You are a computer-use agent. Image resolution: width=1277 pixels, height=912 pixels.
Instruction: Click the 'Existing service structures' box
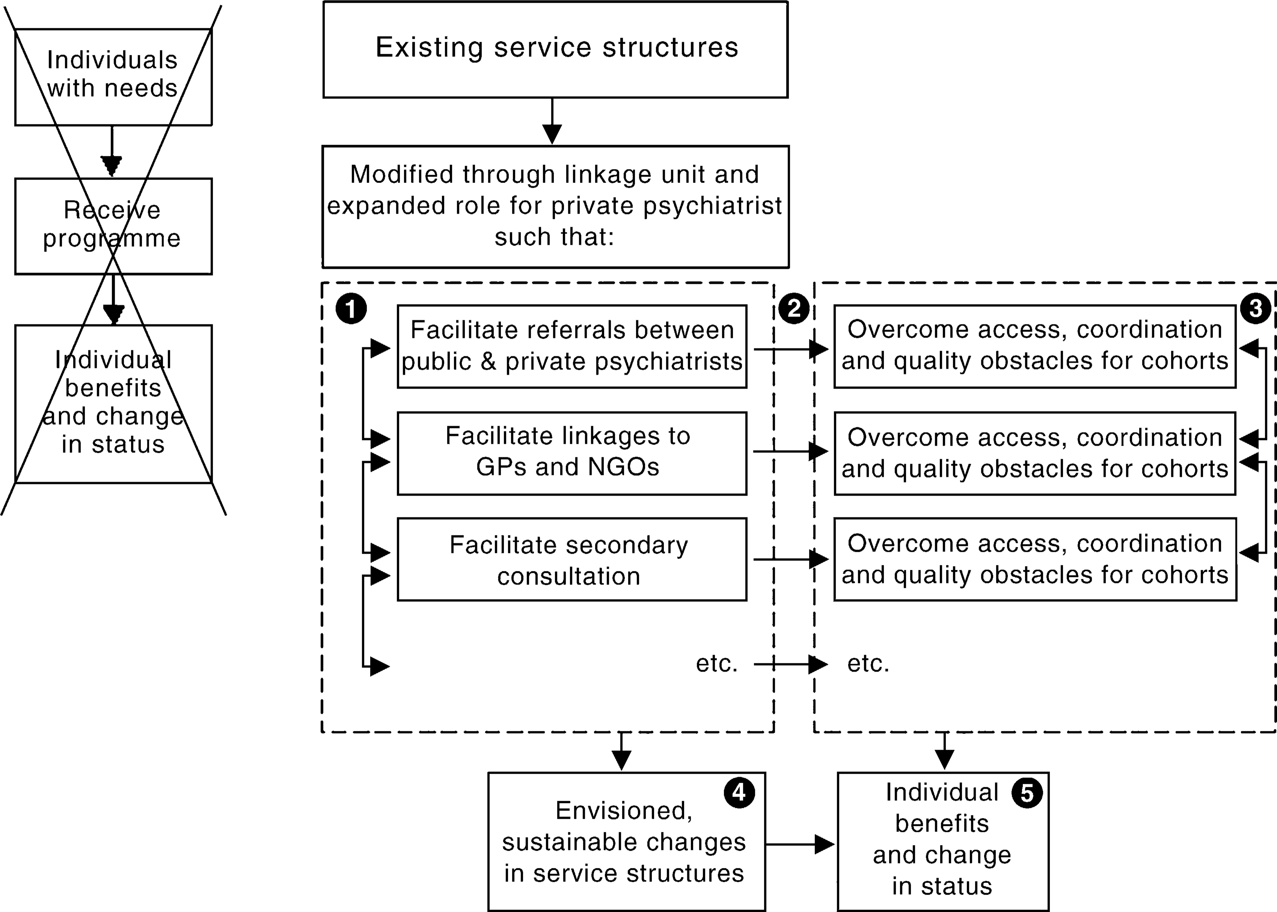(x=555, y=49)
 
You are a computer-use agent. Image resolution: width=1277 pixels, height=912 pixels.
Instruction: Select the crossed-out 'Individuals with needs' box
(x=113, y=77)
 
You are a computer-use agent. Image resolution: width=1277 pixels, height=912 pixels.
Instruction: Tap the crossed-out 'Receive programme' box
(x=113, y=226)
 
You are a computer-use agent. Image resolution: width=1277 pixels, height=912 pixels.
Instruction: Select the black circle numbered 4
(x=739, y=792)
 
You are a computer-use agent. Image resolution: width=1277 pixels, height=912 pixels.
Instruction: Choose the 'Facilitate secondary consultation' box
(x=572, y=559)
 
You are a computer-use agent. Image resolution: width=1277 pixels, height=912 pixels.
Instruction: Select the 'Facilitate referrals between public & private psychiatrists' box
(x=572, y=347)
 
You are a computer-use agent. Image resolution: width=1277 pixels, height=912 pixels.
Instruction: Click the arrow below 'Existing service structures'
(x=552, y=121)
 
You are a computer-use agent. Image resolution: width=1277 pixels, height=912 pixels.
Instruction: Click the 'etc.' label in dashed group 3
(x=868, y=664)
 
